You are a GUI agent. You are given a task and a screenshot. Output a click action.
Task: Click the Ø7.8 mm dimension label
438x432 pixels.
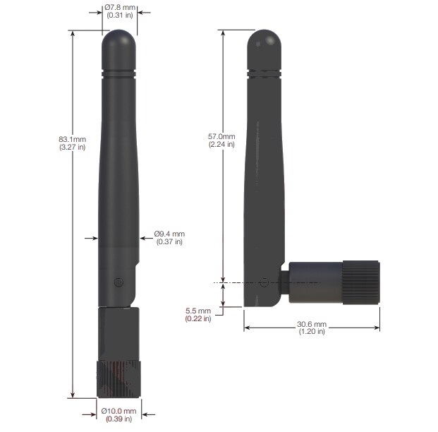[120, 6]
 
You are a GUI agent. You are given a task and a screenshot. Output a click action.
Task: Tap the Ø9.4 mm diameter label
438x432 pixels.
[169, 234]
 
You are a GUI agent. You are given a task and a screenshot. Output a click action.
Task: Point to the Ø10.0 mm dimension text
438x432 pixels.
[119, 411]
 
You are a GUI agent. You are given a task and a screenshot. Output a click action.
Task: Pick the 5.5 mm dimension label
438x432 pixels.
[198, 311]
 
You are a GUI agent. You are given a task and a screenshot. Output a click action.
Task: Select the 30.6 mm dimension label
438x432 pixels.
[312, 324]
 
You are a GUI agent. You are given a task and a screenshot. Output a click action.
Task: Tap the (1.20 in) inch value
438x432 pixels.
[312, 332]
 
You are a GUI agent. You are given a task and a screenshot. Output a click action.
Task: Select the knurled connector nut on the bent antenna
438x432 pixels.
[361, 282]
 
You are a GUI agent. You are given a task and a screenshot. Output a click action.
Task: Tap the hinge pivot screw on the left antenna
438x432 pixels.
[118, 282]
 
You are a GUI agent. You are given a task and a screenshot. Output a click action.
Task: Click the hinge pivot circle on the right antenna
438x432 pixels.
[264, 282]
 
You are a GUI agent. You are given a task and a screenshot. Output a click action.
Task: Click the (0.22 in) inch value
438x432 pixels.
[198, 319]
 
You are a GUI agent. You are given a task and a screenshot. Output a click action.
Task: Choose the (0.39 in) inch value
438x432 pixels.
[119, 419]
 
